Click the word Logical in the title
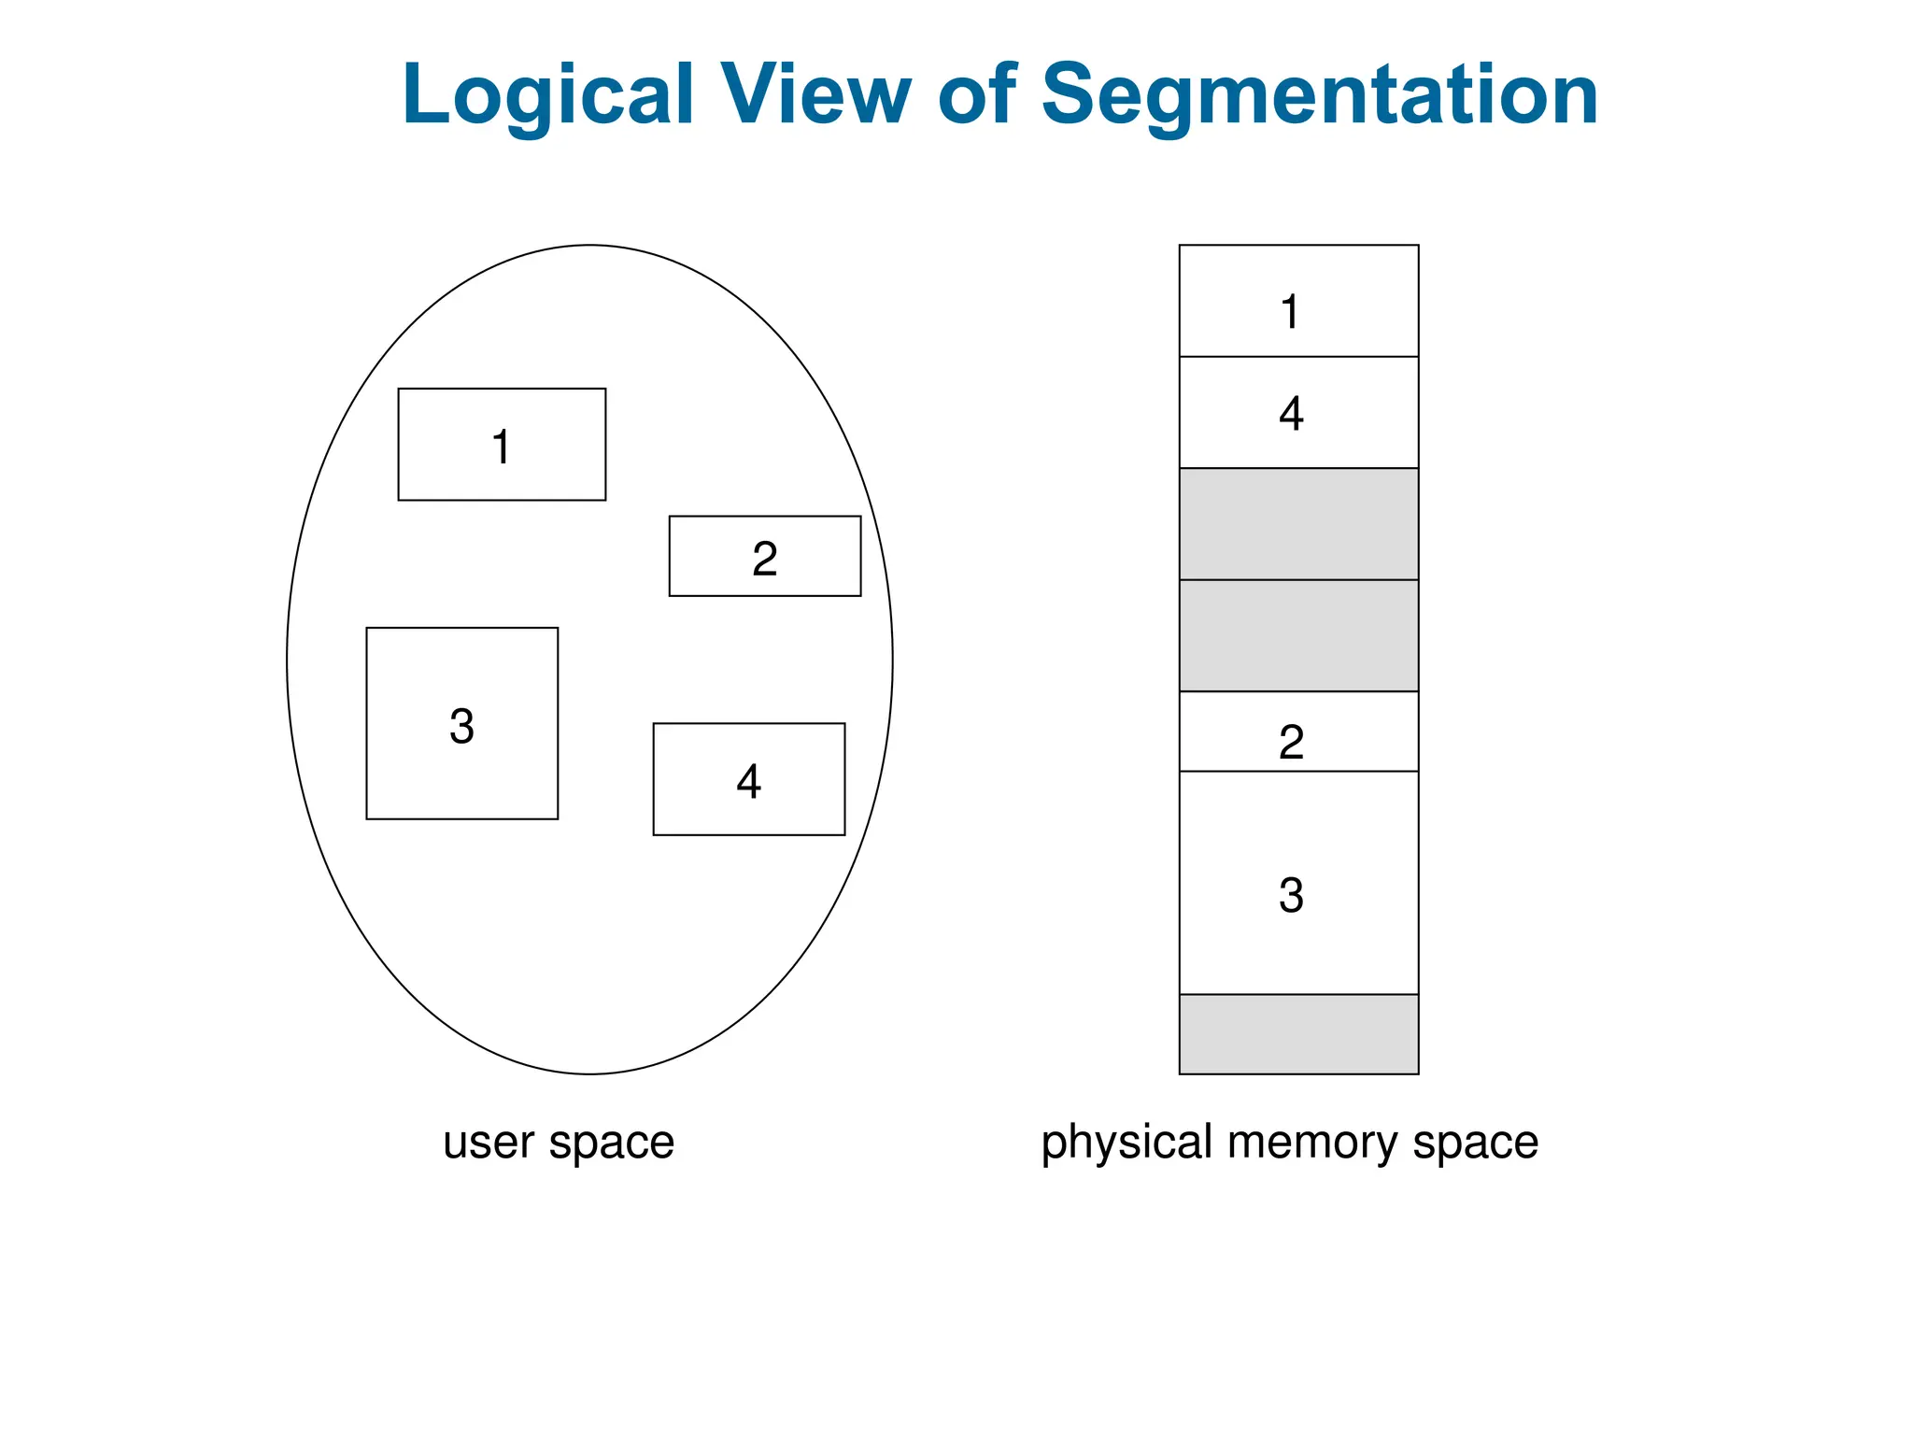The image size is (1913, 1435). click(x=547, y=95)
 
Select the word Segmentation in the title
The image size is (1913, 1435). click(x=1319, y=95)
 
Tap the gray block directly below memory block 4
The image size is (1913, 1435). click(x=1298, y=524)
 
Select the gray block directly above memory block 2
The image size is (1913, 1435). click(x=1298, y=635)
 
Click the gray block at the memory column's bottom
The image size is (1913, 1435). click(x=1298, y=1034)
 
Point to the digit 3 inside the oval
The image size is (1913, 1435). click(x=461, y=726)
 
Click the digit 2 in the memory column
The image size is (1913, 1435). click(x=1291, y=743)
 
